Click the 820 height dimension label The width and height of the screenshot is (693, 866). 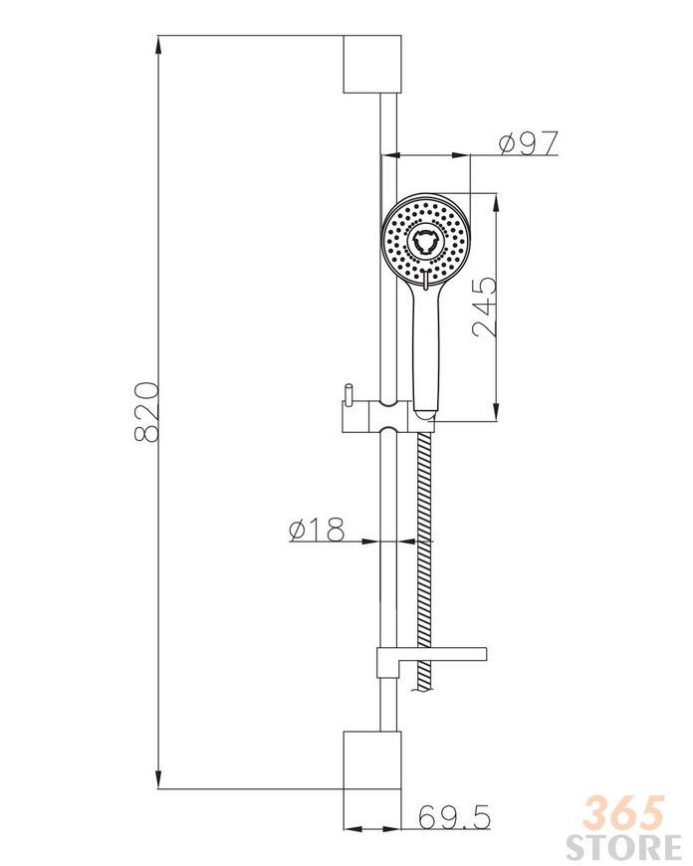[x=147, y=411]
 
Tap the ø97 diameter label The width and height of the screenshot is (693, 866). [x=529, y=143]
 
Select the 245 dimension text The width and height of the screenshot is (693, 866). [x=485, y=308]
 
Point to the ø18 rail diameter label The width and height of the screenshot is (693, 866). [x=317, y=530]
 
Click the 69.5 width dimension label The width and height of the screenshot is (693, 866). [x=454, y=817]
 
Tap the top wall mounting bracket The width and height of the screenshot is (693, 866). [x=372, y=64]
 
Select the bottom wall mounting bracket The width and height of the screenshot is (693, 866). [x=372, y=760]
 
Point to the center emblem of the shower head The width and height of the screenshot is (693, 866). [x=425, y=242]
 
